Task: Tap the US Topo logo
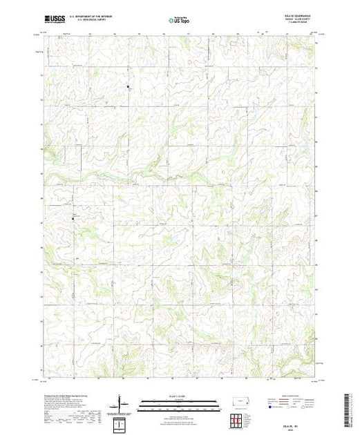point(179,21)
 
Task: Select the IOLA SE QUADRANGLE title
point(295,17)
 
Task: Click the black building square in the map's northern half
point(128,86)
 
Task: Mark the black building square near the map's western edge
point(75,219)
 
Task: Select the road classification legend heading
point(290,396)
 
